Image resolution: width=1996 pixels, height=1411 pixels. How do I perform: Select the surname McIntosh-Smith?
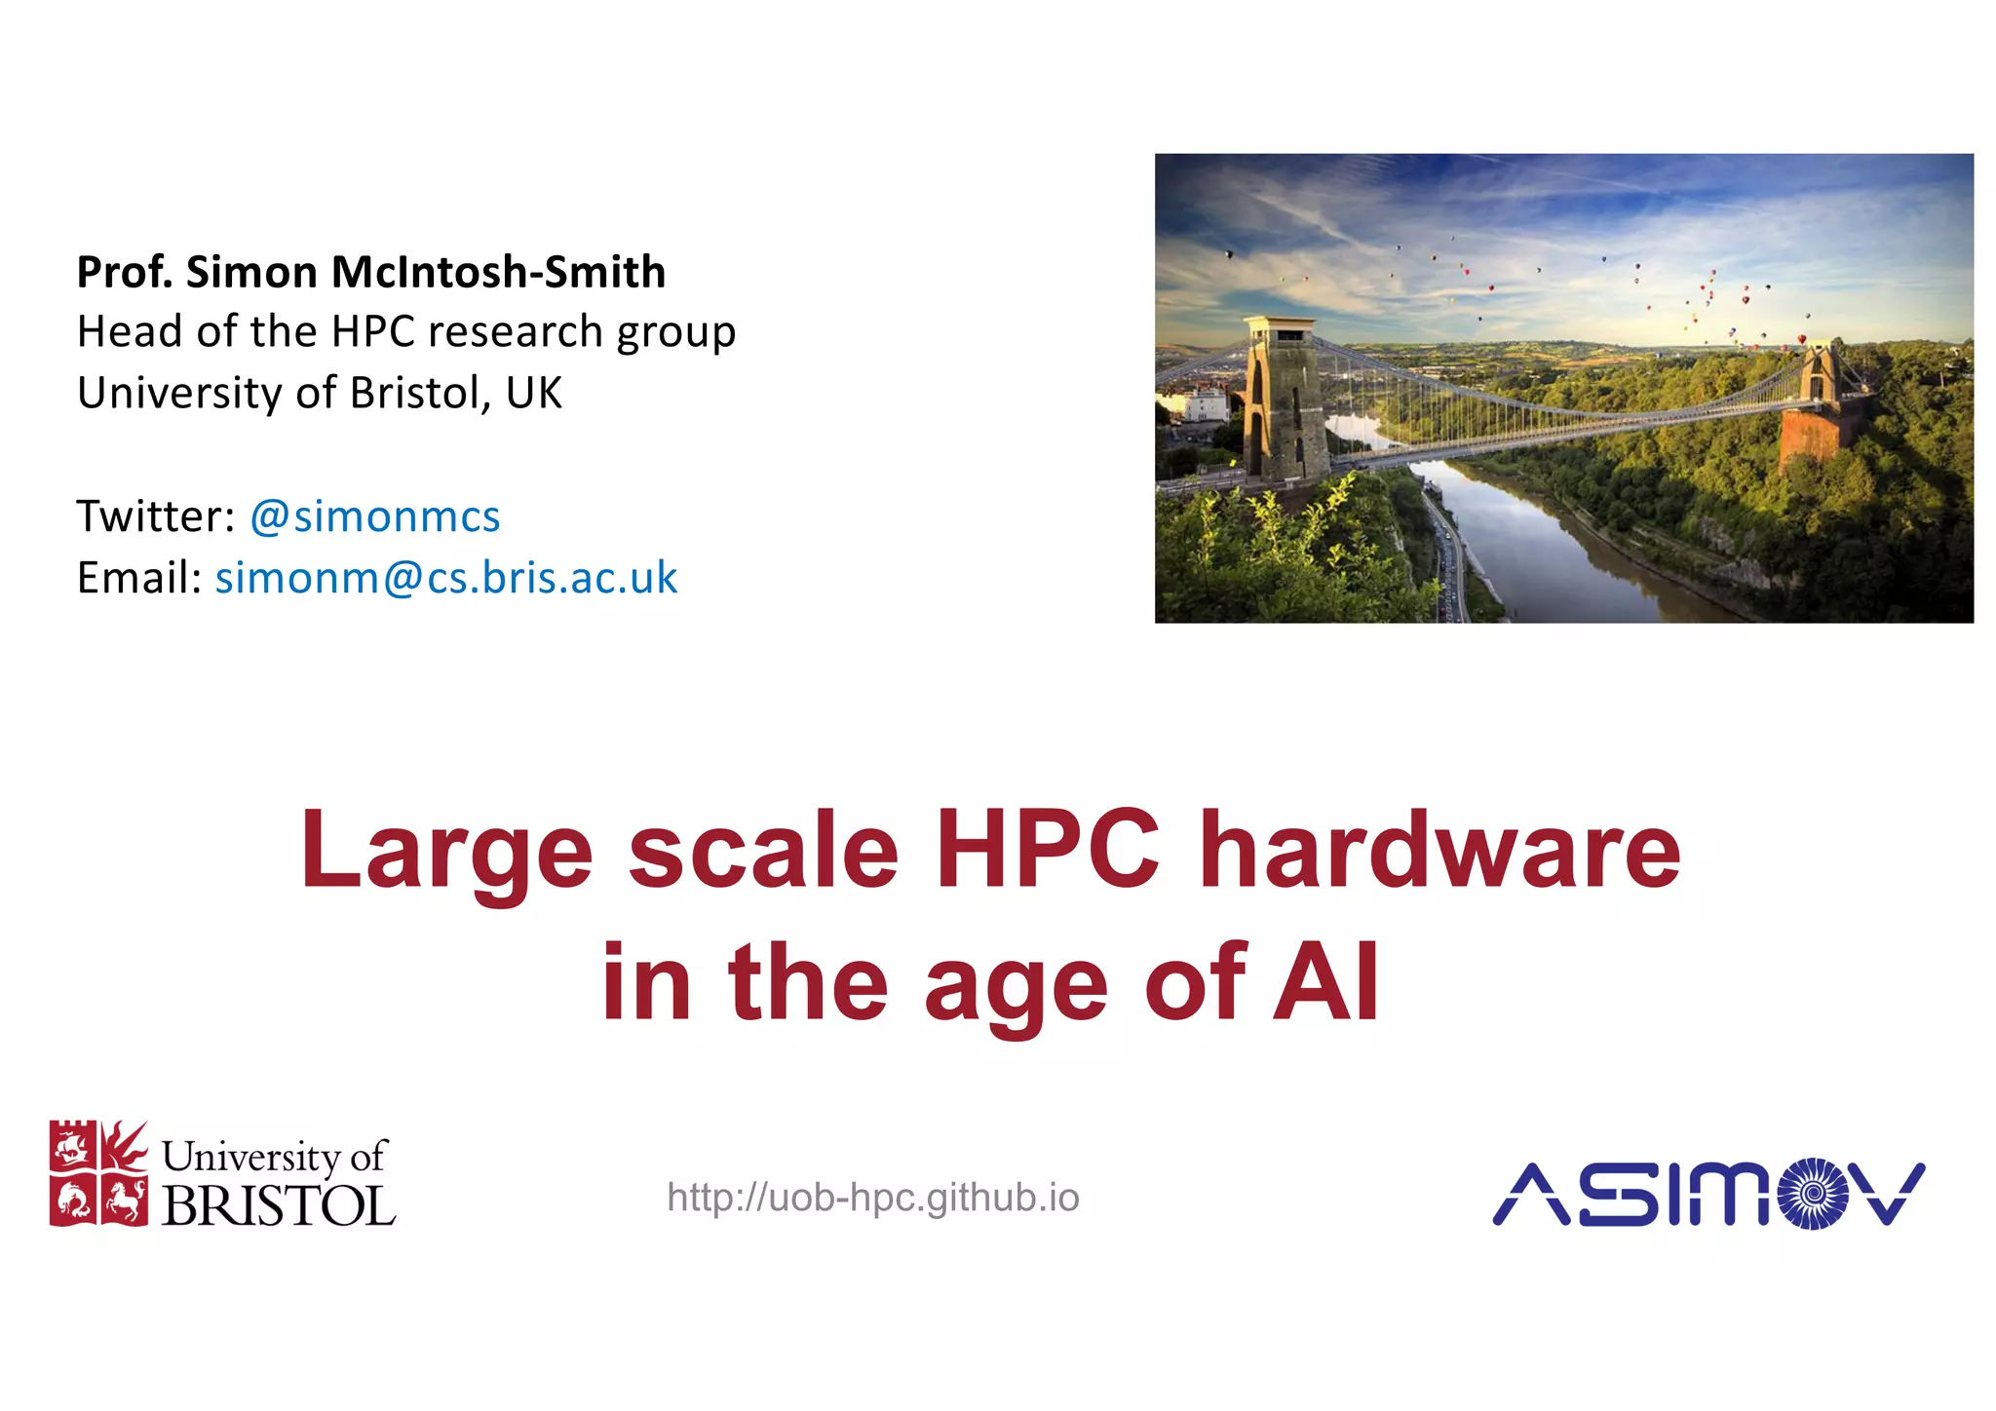[x=498, y=272]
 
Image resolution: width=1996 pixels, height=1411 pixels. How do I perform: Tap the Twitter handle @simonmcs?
[x=375, y=516]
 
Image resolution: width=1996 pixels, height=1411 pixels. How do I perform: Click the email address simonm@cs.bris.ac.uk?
[x=445, y=578]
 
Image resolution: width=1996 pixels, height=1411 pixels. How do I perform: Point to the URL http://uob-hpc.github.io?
[x=873, y=1197]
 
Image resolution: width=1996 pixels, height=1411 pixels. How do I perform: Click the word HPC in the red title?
[x=1048, y=850]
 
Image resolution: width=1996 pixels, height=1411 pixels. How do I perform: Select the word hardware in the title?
[x=1439, y=850]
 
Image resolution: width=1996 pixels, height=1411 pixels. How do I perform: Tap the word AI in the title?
[x=1326, y=982]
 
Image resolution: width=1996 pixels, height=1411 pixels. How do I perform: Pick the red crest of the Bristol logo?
[x=98, y=1172]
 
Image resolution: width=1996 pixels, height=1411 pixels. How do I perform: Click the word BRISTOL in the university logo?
[x=279, y=1205]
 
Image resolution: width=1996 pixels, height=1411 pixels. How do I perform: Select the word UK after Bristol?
[x=533, y=393]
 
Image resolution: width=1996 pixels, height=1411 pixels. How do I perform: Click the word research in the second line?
[x=517, y=332]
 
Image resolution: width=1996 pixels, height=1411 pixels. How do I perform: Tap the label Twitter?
[x=156, y=516]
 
